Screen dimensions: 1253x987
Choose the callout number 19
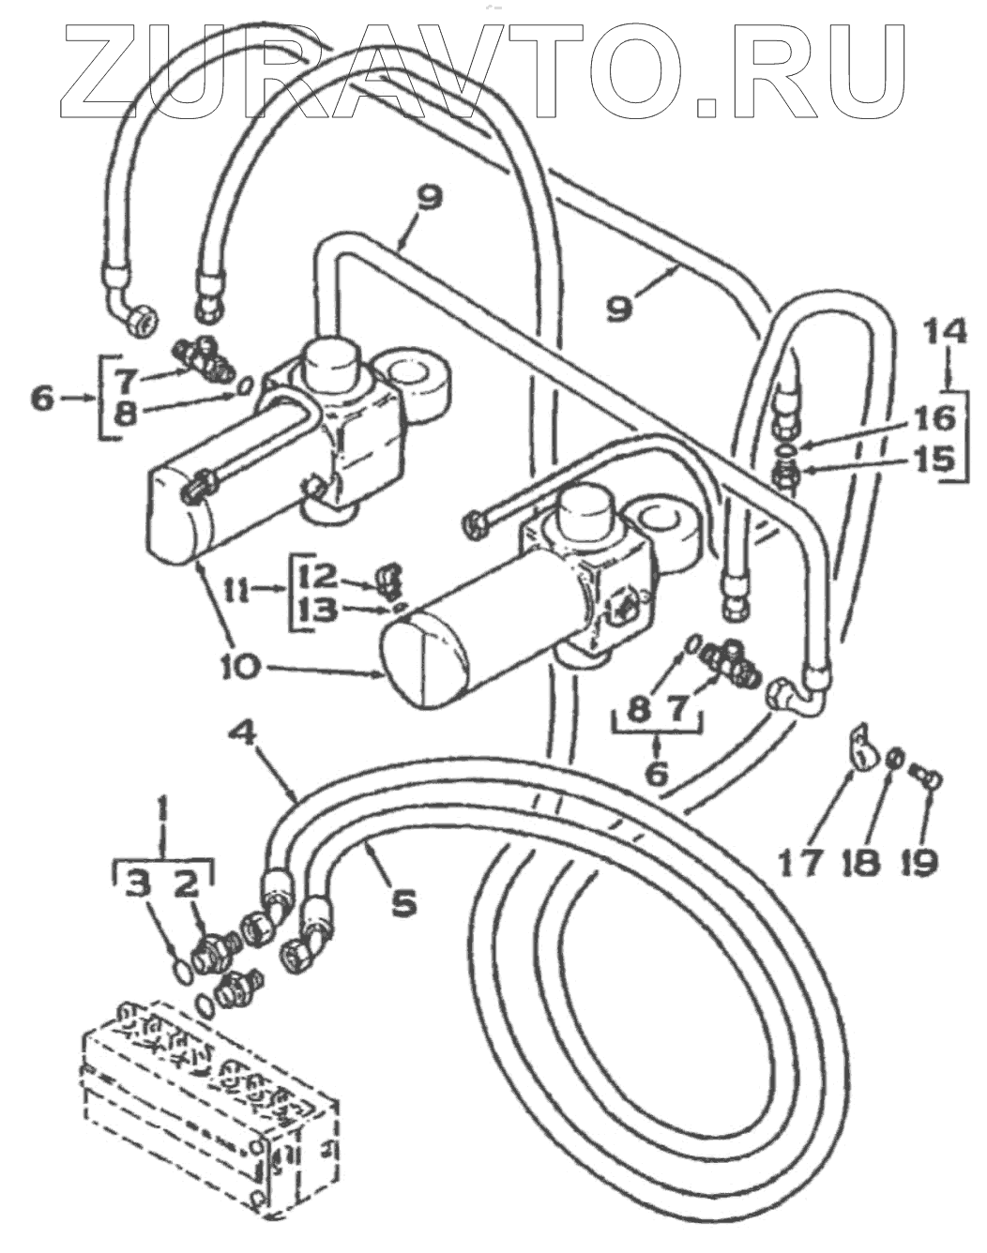click(920, 860)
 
